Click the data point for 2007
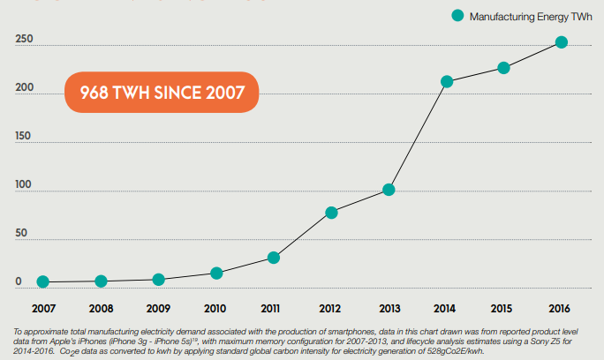(x=42, y=282)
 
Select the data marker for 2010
(x=216, y=274)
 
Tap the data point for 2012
(x=331, y=213)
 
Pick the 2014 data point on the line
(x=447, y=81)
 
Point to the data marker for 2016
(x=562, y=41)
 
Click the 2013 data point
(x=389, y=190)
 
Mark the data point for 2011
(x=274, y=258)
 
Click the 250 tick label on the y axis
(x=25, y=40)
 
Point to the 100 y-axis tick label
(x=25, y=185)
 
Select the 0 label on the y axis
(x=19, y=282)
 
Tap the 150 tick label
(x=25, y=137)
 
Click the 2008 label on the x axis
(x=101, y=309)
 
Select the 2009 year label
(x=158, y=309)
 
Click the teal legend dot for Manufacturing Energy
(x=457, y=15)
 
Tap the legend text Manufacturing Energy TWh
(x=529, y=16)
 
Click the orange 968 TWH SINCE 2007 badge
(x=162, y=93)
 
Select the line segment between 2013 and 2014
(x=418, y=135)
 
